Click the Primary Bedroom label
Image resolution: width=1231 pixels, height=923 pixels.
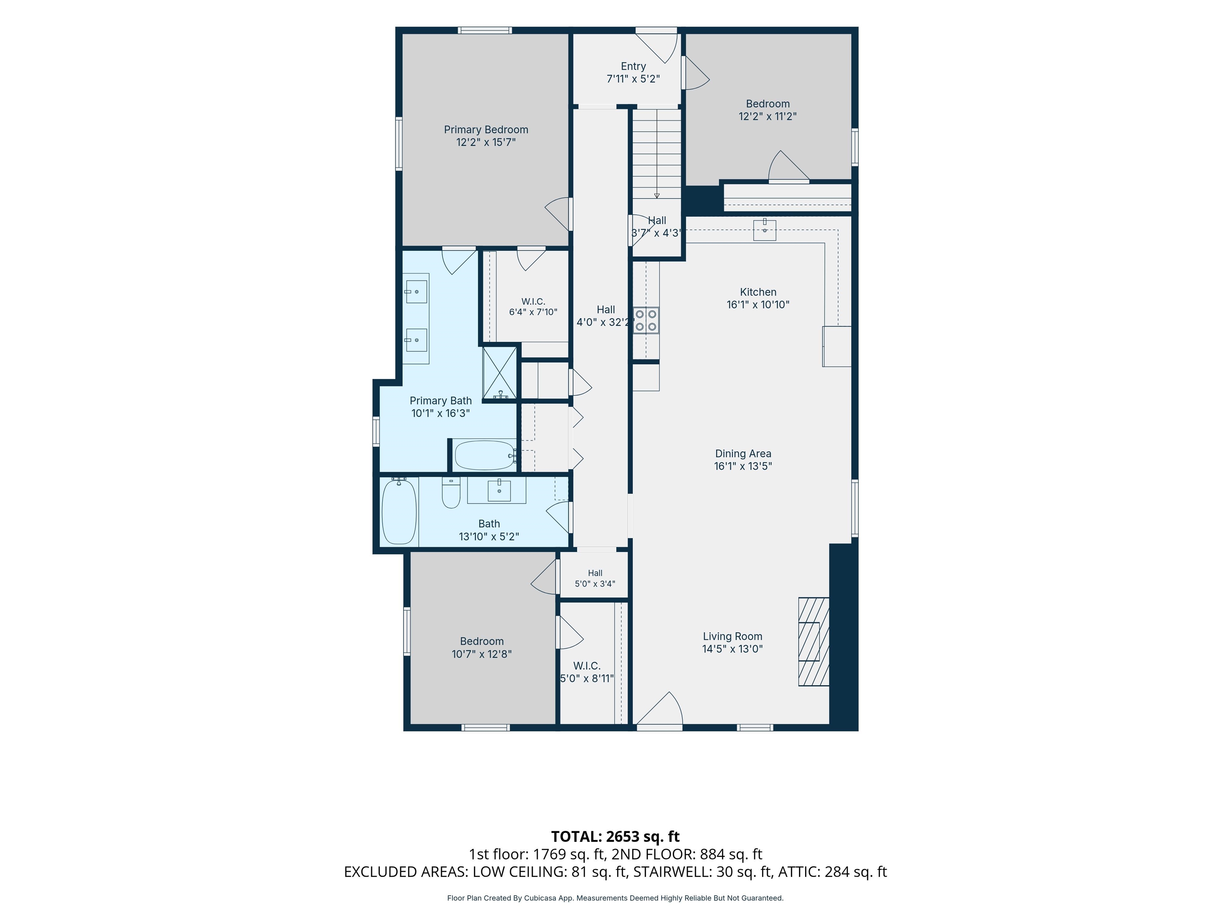(x=486, y=130)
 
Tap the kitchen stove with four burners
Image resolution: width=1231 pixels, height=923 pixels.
(x=646, y=320)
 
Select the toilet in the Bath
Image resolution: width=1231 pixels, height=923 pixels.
(x=451, y=492)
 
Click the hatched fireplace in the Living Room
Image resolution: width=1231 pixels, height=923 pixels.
(x=813, y=641)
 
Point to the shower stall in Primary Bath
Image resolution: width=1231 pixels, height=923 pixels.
(x=500, y=373)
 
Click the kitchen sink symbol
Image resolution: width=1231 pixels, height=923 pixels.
(x=765, y=230)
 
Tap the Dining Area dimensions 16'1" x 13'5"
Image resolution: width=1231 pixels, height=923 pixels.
(x=743, y=466)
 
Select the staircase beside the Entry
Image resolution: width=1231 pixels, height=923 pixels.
(x=657, y=153)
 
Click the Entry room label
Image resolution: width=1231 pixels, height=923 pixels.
(x=633, y=66)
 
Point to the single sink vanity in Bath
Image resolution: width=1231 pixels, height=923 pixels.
(x=496, y=490)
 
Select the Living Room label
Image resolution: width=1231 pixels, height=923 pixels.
(x=733, y=637)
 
